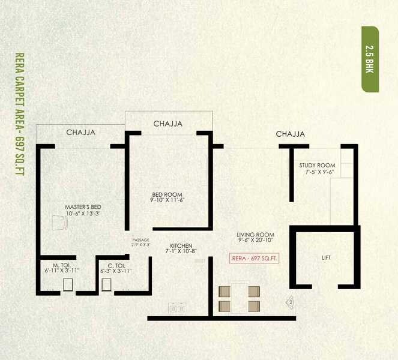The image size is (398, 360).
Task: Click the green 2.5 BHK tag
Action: coord(370,59)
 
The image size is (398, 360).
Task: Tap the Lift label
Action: coord(326,258)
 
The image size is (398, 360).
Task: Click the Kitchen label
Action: coord(181,246)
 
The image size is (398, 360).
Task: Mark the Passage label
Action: coord(140,240)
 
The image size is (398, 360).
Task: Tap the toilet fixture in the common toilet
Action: coord(107,284)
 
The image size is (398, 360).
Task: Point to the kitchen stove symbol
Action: coord(176,308)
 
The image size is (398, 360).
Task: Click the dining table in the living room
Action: coord(240,298)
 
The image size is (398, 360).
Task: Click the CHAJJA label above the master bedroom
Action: coord(81,133)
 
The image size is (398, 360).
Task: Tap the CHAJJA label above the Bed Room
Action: coord(168,124)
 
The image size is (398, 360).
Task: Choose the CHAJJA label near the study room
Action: coord(291,134)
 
